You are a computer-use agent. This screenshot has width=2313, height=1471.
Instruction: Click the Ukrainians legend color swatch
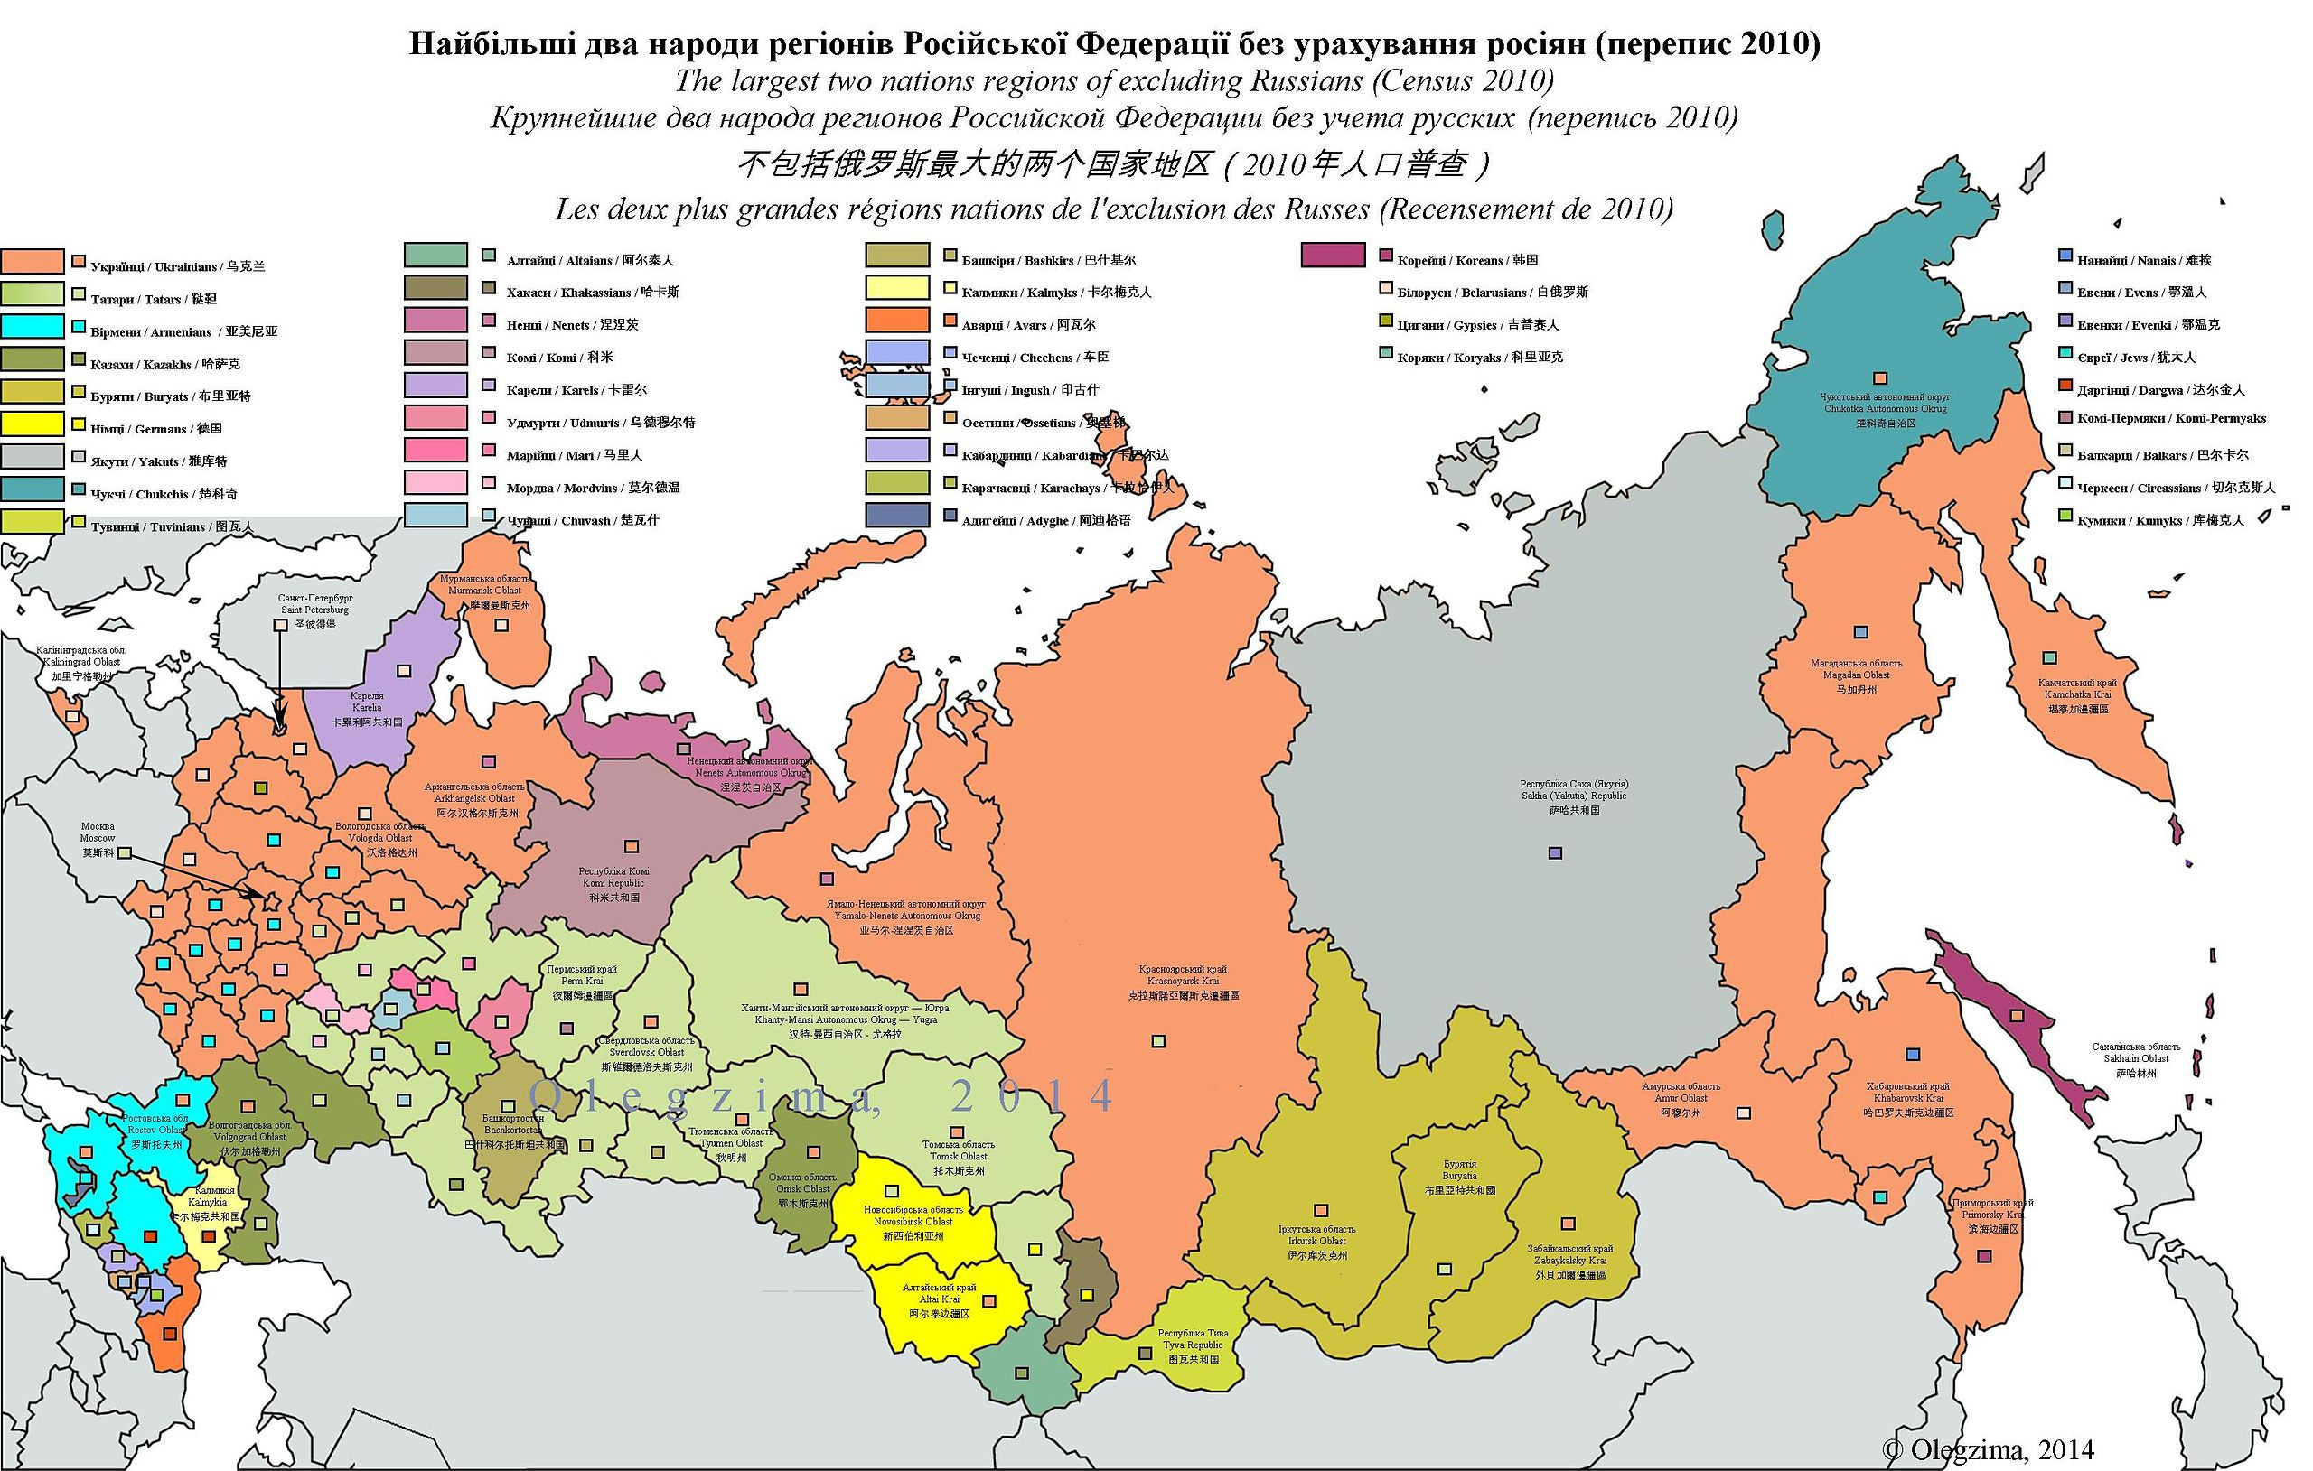33,261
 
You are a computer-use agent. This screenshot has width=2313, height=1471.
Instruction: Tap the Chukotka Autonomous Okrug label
1885,409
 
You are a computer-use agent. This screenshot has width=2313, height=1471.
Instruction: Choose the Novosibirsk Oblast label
913,1223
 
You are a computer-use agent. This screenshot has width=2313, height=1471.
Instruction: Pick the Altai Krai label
940,1300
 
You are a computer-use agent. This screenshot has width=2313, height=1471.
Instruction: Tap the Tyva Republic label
1192,1346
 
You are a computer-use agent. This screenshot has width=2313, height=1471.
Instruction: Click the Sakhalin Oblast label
2136,1059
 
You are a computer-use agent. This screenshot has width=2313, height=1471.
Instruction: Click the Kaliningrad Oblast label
80,663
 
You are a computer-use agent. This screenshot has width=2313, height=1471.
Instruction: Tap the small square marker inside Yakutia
1555,852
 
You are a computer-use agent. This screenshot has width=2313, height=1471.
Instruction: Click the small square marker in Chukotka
1881,379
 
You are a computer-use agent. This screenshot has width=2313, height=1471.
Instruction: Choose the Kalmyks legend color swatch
897,287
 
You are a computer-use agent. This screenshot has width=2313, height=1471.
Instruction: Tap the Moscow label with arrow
98,838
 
